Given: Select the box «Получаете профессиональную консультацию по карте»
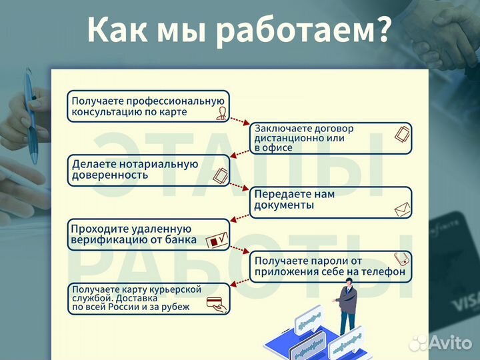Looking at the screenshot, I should point(148,106).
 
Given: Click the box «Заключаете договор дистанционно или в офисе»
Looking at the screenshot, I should point(331,138).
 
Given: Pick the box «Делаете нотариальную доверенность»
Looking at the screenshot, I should point(148,170).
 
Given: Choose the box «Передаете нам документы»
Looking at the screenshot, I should point(331,202).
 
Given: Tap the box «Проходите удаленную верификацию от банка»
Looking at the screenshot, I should point(148,234).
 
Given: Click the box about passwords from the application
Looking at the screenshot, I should point(331,266).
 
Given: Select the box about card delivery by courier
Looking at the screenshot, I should point(148,298).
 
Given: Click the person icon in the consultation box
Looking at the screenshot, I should point(221,113).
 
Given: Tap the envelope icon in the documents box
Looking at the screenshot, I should point(401,211).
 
